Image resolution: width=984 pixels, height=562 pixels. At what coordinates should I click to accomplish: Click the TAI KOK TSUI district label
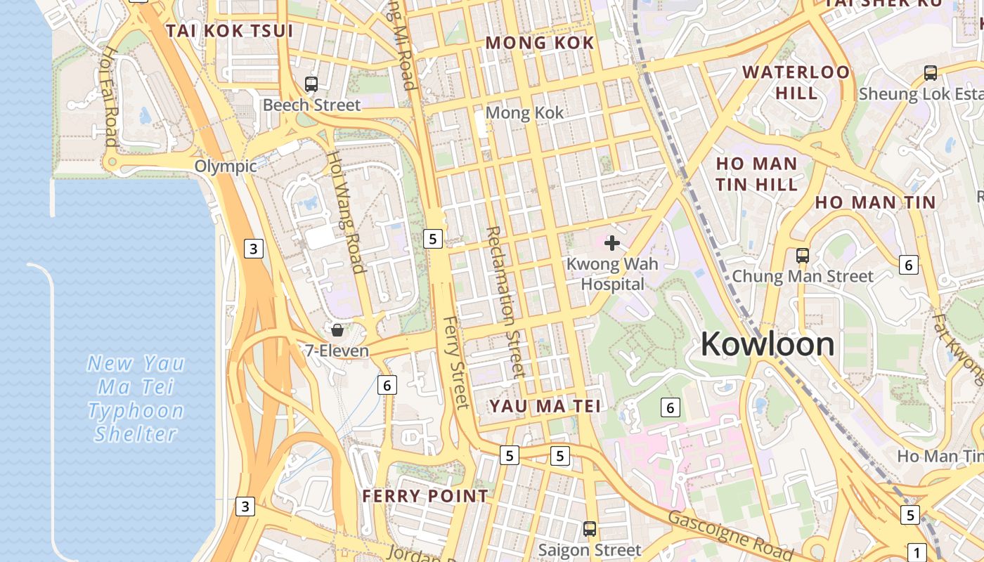[x=228, y=31]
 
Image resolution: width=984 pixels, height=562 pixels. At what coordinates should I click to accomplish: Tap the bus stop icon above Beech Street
[x=311, y=84]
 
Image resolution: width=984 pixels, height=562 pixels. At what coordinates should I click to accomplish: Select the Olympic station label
[x=226, y=166]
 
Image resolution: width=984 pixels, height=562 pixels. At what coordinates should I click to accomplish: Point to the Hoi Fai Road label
[x=109, y=96]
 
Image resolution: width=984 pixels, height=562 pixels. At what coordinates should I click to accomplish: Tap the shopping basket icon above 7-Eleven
[x=337, y=329]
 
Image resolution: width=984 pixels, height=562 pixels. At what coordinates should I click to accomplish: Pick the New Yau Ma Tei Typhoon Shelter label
[x=136, y=398]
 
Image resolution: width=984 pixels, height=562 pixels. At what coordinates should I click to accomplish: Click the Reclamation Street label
[x=505, y=302]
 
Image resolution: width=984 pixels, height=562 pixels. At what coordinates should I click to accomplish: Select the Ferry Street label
[x=455, y=362]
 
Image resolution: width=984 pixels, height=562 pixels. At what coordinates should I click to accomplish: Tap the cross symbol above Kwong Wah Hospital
[x=612, y=243]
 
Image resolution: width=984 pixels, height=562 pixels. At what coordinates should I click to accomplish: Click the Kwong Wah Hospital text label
[x=612, y=274]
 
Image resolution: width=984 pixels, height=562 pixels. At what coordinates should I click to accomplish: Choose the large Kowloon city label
[x=768, y=344]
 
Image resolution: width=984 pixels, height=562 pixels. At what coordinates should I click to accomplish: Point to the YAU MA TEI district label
[x=545, y=406]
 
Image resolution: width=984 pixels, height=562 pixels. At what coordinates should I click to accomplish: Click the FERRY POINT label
[x=425, y=496]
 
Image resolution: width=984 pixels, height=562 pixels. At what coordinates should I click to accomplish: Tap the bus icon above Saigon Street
[x=590, y=528]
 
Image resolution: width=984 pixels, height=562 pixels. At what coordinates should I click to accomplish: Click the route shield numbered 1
[x=917, y=551]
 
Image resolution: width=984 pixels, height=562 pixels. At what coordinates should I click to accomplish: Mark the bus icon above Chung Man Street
[x=803, y=256]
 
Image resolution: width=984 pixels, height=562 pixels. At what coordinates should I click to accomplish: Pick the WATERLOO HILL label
[x=796, y=82]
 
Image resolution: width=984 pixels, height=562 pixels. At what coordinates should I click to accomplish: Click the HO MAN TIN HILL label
[x=757, y=174]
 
